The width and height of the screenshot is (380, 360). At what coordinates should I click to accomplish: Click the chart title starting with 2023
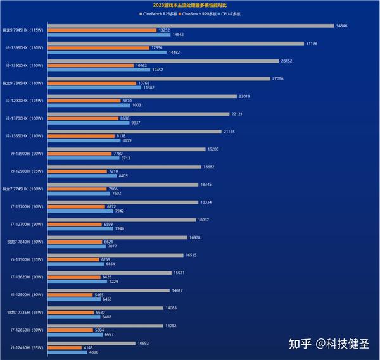point(189,5)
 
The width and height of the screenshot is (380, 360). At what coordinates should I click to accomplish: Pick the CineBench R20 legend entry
point(203,13)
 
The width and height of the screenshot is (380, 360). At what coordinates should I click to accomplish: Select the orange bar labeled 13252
point(101,30)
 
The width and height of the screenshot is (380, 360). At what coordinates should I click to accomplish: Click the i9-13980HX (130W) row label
point(23,47)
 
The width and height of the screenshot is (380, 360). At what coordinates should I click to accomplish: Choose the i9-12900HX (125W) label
point(23,101)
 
